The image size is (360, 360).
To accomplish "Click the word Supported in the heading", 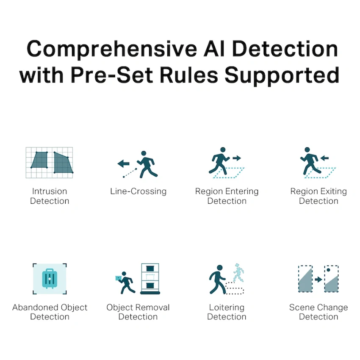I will point(282,75).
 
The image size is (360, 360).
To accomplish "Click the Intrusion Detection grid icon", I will point(49,163).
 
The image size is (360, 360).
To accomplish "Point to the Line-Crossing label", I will point(138,191).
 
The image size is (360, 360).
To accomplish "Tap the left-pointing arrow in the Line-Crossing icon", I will point(123,163).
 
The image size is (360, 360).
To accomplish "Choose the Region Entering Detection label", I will point(227,196).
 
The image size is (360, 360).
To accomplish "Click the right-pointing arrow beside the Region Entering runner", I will point(236,158).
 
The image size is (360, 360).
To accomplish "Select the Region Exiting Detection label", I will point(318,196).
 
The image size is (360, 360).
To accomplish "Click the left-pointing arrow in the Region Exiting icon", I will point(325,158).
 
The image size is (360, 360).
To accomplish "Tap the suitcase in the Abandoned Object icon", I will point(50,278).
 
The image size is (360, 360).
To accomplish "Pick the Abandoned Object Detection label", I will point(50,312).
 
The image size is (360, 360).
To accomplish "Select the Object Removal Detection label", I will point(138,312).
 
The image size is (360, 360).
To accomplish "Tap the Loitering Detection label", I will point(227,312).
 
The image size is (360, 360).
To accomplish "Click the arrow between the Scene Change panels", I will point(318,280).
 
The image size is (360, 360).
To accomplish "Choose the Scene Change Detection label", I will point(318,312).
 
